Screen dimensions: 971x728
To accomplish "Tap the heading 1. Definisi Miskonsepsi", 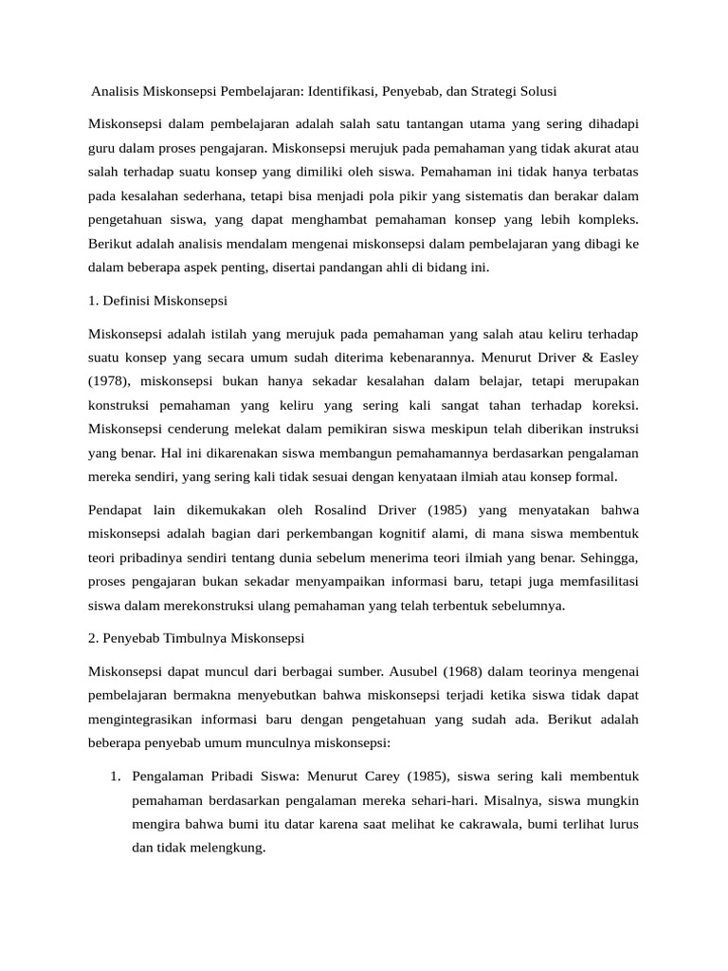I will coord(157,301).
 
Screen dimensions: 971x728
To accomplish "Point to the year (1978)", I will coord(113,379).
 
